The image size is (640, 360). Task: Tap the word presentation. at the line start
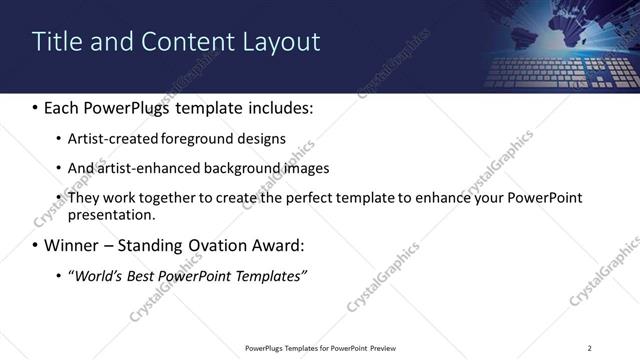tap(111, 214)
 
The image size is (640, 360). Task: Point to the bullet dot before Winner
tap(36, 245)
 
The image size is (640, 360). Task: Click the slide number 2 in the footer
tap(590, 348)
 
